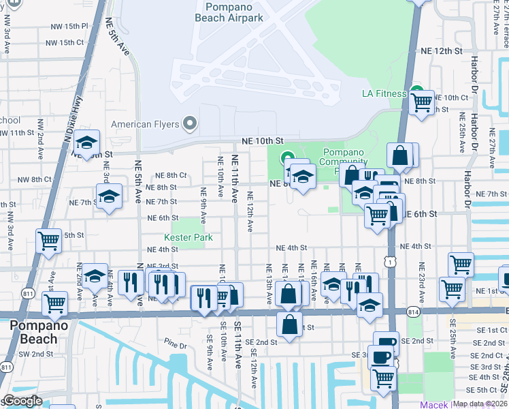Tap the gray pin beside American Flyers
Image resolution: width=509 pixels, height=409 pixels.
coord(190,124)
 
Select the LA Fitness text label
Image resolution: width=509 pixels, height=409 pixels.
coord(384,93)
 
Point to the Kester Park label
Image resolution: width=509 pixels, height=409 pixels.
coord(188,238)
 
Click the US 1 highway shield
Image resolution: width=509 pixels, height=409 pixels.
coord(388,261)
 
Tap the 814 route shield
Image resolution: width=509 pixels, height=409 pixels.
coord(414,311)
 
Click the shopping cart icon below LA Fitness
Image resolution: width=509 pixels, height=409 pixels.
coord(422,104)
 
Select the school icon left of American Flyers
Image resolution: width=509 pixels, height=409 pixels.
coord(86,144)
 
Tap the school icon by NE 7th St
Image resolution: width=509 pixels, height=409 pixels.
coord(109,197)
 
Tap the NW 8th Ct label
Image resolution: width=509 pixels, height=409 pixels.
coord(34,179)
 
